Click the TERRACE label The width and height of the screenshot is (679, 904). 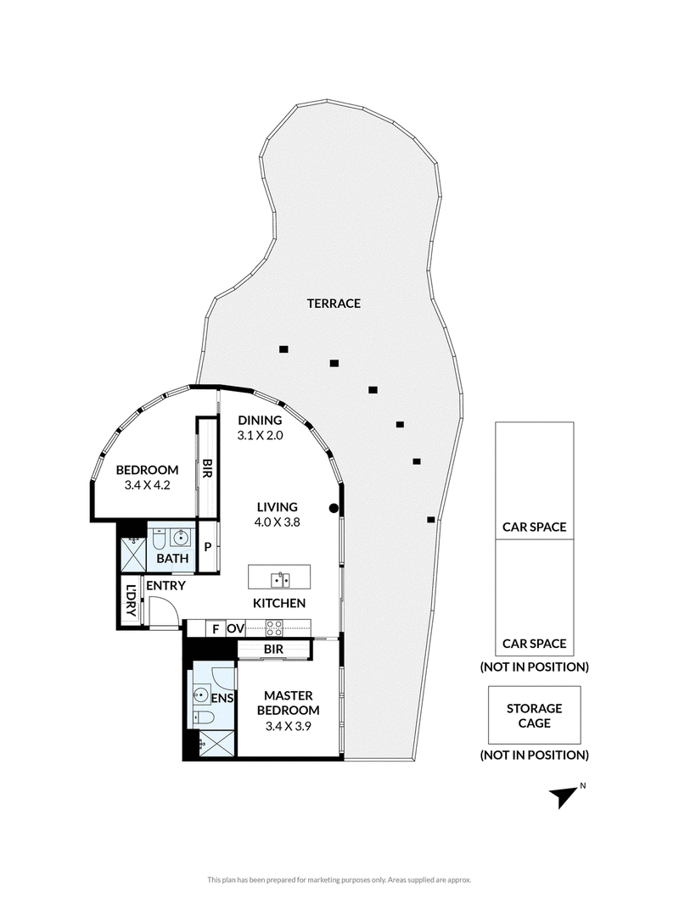point(334,304)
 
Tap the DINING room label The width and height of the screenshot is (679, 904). point(260,421)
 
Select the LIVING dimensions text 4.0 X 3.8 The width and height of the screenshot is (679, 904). point(277,522)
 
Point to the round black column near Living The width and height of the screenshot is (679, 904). point(334,508)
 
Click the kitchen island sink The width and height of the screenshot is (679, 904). point(280,579)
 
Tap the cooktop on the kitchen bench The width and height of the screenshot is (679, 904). point(273,627)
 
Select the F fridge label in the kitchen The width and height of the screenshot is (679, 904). point(216,628)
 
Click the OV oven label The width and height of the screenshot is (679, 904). point(235,628)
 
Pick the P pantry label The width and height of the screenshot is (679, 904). point(208,546)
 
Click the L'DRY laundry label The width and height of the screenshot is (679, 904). point(131,600)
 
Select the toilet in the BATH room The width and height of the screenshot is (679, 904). point(159,538)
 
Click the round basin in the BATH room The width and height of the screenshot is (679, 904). point(182,538)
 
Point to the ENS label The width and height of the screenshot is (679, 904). point(222,698)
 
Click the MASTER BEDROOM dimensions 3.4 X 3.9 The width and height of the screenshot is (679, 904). point(288,726)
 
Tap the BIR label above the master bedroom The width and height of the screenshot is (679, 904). point(273,650)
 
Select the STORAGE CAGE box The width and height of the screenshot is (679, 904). point(534,715)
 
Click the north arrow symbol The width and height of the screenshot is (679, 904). point(564,797)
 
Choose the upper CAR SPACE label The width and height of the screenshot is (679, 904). point(534,527)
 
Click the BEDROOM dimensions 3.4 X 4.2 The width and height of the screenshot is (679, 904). point(147,485)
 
